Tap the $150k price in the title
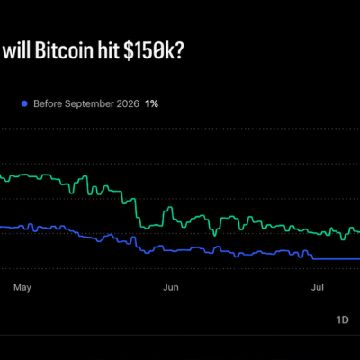pyautogui.click(x=148, y=51)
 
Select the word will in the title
pyautogui.click(x=17, y=50)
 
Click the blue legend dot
pyautogui.click(x=24, y=103)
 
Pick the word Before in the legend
pyautogui.click(x=48, y=103)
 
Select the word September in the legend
pyautogui.click(x=89, y=104)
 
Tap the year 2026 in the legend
pyautogui.click(x=128, y=103)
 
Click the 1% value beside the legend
pyautogui.click(x=151, y=103)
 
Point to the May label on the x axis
pyautogui.click(x=22, y=288)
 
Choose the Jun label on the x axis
pyautogui.click(x=171, y=287)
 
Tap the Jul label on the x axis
pyautogui.click(x=318, y=287)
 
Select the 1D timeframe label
pyautogui.click(x=342, y=319)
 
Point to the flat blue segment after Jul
pyautogui.click(x=337, y=259)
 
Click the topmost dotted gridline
pyautogui.click(x=180, y=129)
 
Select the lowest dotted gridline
pyautogui.click(x=180, y=269)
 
